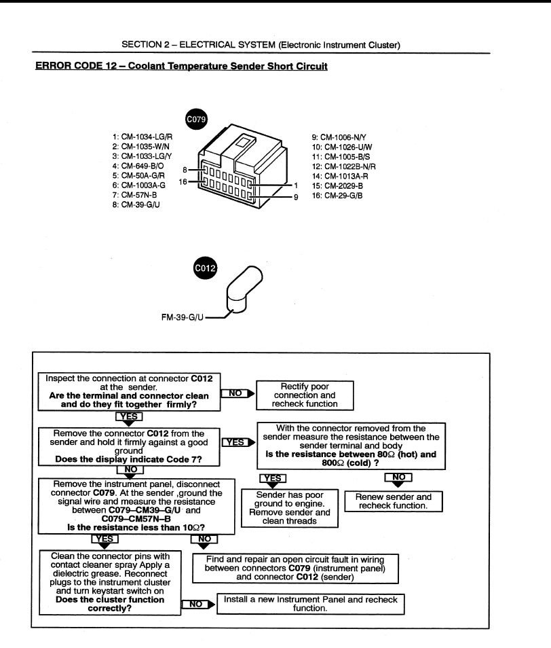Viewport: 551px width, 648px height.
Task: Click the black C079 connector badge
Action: pyautogui.click(x=196, y=119)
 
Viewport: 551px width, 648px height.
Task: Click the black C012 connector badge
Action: pyautogui.click(x=205, y=268)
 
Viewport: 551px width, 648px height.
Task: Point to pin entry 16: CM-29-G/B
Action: pyautogui.click(x=337, y=196)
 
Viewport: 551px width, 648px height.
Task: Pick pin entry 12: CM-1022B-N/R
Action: pyautogui.click(x=343, y=166)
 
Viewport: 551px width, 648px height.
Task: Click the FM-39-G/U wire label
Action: pyautogui.click(x=181, y=317)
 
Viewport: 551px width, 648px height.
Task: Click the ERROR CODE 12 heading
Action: pyautogui.click(x=181, y=67)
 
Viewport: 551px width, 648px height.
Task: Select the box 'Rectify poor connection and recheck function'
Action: pyautogui.click(x=305, y=395)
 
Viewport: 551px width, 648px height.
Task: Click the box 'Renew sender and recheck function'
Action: pyautogui.click(x=394, y=502)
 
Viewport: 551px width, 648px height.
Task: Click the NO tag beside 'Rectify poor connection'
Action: pyautogui.click(x=236, y=393)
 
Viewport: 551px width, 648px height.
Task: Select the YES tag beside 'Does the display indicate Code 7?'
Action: pyautogui.click(x=235, y=442)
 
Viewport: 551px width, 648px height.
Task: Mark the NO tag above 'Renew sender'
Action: pyautogui.click(x=398, y=478)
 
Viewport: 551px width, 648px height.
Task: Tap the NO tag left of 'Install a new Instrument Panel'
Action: pyautogui.click(x=195, y=603)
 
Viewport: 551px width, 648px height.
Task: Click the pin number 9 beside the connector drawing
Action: pyautogui.click(x=296, y=197)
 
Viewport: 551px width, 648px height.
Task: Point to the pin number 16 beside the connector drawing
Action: pyautogui.click(x=183, y=182)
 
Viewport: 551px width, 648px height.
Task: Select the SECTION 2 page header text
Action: pyautogui.click(x=261, y=45)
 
